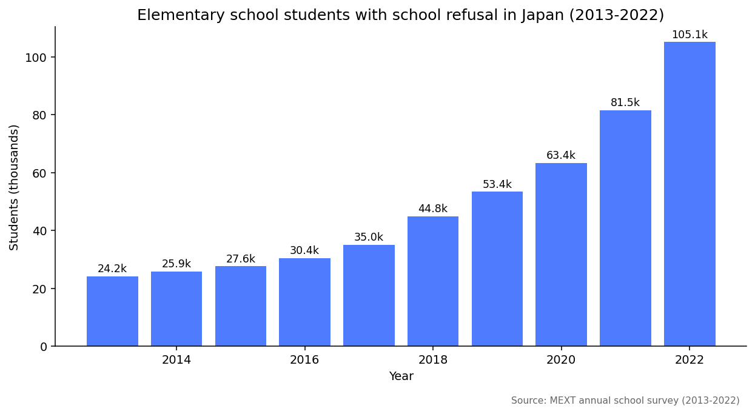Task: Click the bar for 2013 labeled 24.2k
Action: (112, 311)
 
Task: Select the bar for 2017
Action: (369, 295)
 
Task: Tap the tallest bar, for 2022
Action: (690, 194)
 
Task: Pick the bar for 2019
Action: (497, 269)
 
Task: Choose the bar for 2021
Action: (625, 228)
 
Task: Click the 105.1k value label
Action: (690, 35)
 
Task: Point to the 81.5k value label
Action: (625, 103)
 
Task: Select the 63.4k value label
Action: (561, 156)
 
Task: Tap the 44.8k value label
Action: (433, 209)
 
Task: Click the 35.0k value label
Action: (369, 238)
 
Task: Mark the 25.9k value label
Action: (176, 264)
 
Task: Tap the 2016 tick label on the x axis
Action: (304, 360)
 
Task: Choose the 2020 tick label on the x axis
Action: (561, 360)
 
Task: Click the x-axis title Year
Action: (401, 376)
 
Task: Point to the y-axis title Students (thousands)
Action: (15, 187)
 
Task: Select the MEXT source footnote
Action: (625, 401)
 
